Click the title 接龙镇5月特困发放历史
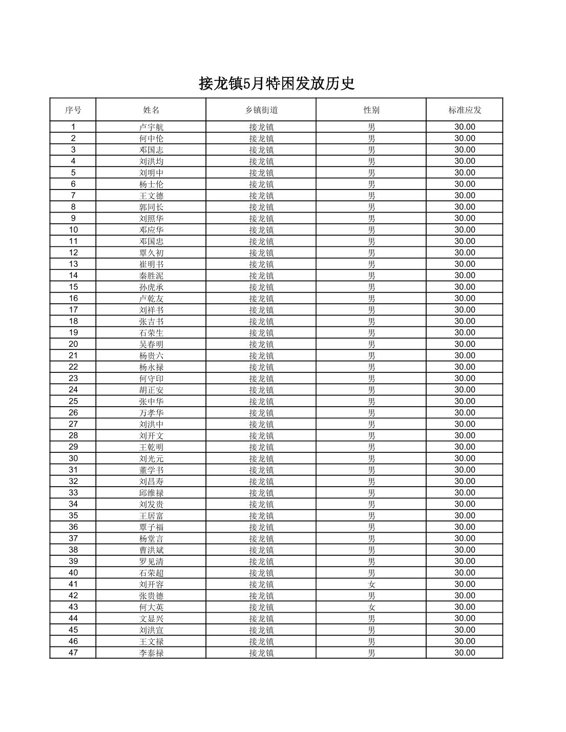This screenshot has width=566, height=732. [277, 83]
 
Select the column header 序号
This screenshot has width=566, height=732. [73, 110]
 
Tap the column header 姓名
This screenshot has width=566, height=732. [151, 110]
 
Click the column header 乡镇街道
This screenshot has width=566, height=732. [261, 110]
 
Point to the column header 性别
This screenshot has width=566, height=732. [371, 110]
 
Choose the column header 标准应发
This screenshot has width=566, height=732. [465, 110]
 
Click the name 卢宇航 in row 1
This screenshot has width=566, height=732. [151, 127]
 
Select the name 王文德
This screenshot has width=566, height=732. [151, 196]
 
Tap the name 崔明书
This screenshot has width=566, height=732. [151, 264]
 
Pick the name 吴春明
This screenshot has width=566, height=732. [151, 344]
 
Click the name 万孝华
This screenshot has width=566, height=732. [151, 413]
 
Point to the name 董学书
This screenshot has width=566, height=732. [151, 470]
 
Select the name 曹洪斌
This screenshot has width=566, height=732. [151, 550]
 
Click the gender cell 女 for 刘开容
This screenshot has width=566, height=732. [371, 584]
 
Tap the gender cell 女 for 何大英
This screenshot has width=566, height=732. [371, 607]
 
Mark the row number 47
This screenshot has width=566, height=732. [73, 653]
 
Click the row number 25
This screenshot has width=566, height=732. [73, 401]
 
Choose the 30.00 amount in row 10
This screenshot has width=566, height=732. [465, 230]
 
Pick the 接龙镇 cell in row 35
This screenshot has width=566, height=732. [261, 516]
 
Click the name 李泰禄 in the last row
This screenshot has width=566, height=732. [151, 653]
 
